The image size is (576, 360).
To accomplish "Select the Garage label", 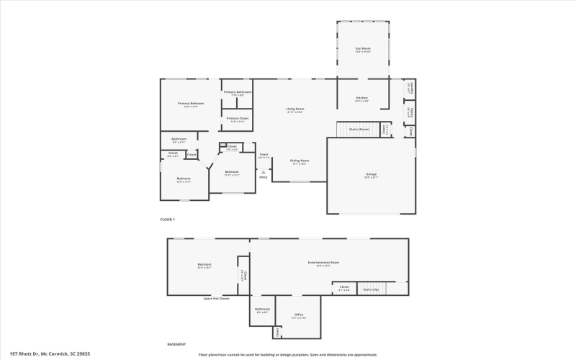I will coord(372,174).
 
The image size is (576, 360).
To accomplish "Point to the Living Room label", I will coord(295,109).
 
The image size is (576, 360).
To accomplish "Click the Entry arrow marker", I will coord(264,172).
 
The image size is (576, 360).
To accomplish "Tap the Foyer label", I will coord(264,154).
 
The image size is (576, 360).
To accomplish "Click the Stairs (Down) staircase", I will coord(359,129).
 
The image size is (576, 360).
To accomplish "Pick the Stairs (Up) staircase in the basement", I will coord(372,289).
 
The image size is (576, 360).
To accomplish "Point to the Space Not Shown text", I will coord(216,298).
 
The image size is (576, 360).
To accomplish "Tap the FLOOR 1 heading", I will coord(167,219).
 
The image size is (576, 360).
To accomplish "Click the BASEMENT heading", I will coord(176,344).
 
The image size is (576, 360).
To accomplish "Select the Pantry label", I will coord(411,113).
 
